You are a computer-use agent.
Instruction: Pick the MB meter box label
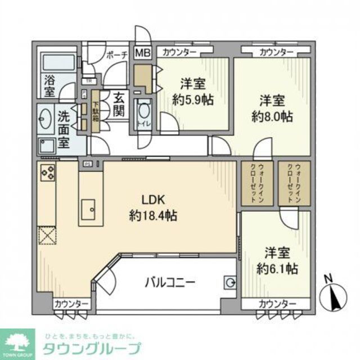coord(141,53)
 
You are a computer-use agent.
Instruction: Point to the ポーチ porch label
coord(117,55)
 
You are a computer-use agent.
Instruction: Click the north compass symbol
coord(331,294)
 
